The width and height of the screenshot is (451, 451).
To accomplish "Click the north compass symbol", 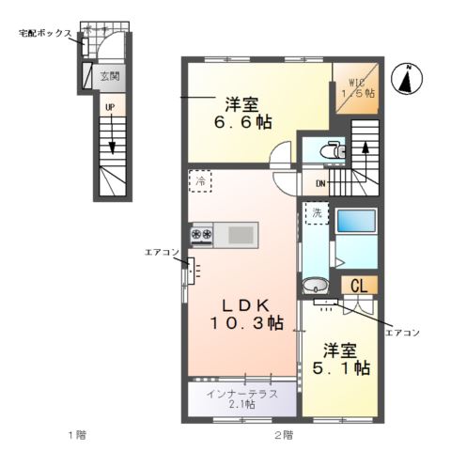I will (406, 80).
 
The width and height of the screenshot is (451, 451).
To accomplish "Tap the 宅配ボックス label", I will (45, 33).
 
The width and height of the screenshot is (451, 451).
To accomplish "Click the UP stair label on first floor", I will (110, 108).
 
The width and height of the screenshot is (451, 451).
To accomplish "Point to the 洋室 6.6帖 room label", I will (248, 112).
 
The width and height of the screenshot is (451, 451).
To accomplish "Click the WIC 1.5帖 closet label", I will (358, 86).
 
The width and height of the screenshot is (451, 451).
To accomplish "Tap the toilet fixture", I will (329, 149).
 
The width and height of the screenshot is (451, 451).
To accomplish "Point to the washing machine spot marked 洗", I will (318, 214).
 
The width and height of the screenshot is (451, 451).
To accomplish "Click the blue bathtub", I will (356, 222).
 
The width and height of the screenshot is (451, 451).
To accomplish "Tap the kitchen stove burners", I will (202, 233).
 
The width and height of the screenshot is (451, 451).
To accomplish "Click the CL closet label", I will (358, 287).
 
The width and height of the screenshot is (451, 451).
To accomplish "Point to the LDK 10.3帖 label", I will (246, 313).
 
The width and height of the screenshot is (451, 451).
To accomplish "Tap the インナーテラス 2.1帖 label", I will (241, 398).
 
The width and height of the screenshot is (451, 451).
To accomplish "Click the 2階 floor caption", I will (283, 435).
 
